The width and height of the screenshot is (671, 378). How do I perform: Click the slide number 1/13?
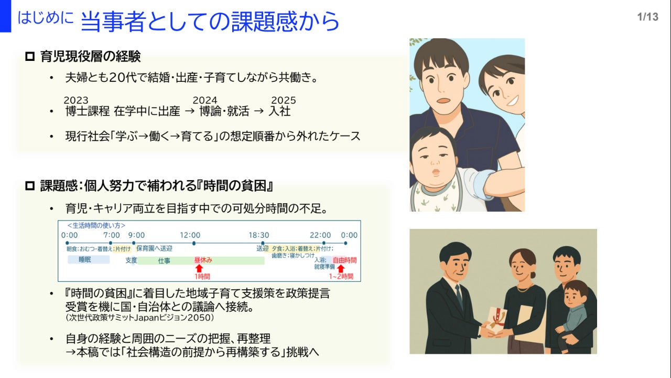[647, 17]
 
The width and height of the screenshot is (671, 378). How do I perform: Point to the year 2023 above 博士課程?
[76, 100]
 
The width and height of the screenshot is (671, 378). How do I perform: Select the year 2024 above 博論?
[205, 100]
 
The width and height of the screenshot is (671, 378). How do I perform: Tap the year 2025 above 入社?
[283, 100]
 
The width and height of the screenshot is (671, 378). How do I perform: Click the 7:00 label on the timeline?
[111, 235]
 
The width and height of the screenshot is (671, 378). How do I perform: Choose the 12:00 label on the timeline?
[190, 235]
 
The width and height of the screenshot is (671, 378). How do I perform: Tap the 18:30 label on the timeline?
[259, 235]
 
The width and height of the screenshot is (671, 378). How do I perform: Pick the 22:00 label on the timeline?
[320, 235]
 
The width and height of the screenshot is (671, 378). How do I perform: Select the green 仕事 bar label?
[164, 260]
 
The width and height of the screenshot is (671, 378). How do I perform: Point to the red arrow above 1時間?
[199, 269]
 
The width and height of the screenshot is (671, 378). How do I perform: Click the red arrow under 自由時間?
[341, 269]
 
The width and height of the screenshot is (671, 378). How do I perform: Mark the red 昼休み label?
[203, 260]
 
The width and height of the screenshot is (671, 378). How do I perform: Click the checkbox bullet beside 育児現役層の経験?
[29, 56]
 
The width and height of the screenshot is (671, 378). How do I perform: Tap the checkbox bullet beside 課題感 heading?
[29, 186]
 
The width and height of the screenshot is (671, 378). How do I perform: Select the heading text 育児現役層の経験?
[90, 56]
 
